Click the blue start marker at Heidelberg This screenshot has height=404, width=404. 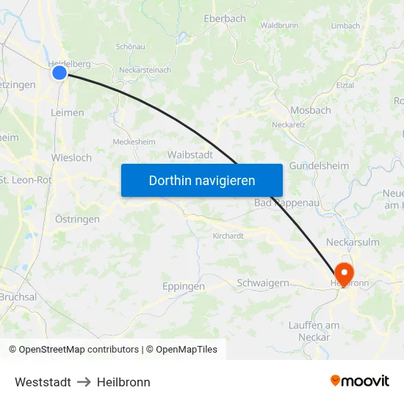[59, 72]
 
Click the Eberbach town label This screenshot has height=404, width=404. [225, 18]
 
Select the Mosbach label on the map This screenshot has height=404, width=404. [311, 110]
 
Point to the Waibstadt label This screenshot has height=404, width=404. [190, 155]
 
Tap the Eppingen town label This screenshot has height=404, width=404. [183, 286]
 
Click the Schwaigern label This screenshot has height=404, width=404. [262, 283]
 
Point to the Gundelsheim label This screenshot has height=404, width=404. [319, 166]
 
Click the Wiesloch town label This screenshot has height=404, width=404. [71, 158]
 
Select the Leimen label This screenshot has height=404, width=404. [68, 113]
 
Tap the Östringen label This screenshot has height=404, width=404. [77, 219]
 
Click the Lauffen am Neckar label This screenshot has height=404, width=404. [314, 331]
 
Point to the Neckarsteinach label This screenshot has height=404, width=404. [145, 71]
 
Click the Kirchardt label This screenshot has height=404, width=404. [228, 236]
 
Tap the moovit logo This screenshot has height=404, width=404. [360, 380]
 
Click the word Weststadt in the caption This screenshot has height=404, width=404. [43, 382]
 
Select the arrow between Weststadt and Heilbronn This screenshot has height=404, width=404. [84, 382]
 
